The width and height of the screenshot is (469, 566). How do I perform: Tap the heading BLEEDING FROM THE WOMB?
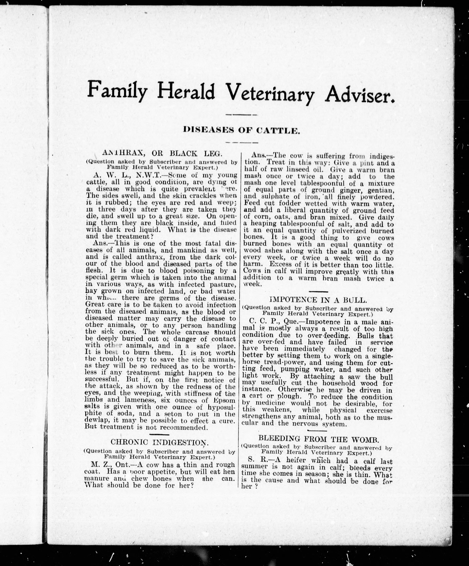(319, 439)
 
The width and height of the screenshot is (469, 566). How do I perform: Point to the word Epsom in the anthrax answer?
(224, 400)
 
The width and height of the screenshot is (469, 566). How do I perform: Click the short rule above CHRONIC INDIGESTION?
(159, 435)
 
